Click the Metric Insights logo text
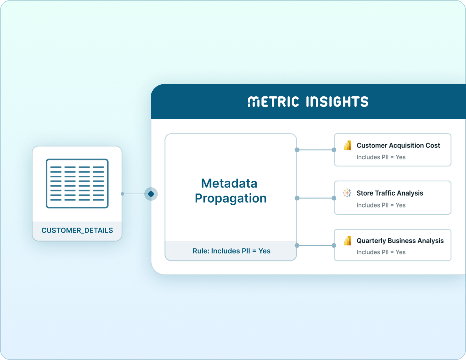point(308,102)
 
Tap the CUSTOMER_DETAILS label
point(77,230)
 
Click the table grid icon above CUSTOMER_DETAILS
point(77,183)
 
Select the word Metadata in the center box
point(229,183)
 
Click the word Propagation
point(231,198)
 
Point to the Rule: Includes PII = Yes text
point(231,251)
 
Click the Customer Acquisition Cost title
point(398,145)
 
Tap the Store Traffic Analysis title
point(390,193)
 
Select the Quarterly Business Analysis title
point(400,241)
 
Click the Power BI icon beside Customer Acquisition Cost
point(347,146)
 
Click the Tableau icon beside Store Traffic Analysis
point(347,193)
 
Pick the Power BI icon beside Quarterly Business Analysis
point(347,241)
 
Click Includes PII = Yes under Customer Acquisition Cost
point(381,157)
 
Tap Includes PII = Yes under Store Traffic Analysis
point(381,205)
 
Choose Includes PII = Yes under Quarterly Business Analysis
point(381,252)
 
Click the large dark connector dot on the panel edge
point(151,194)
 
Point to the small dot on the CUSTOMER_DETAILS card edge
point(122,194)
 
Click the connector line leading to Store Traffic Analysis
point(315,198)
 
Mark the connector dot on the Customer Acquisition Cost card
point(334,150)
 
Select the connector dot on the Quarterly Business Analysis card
point(334,246)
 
